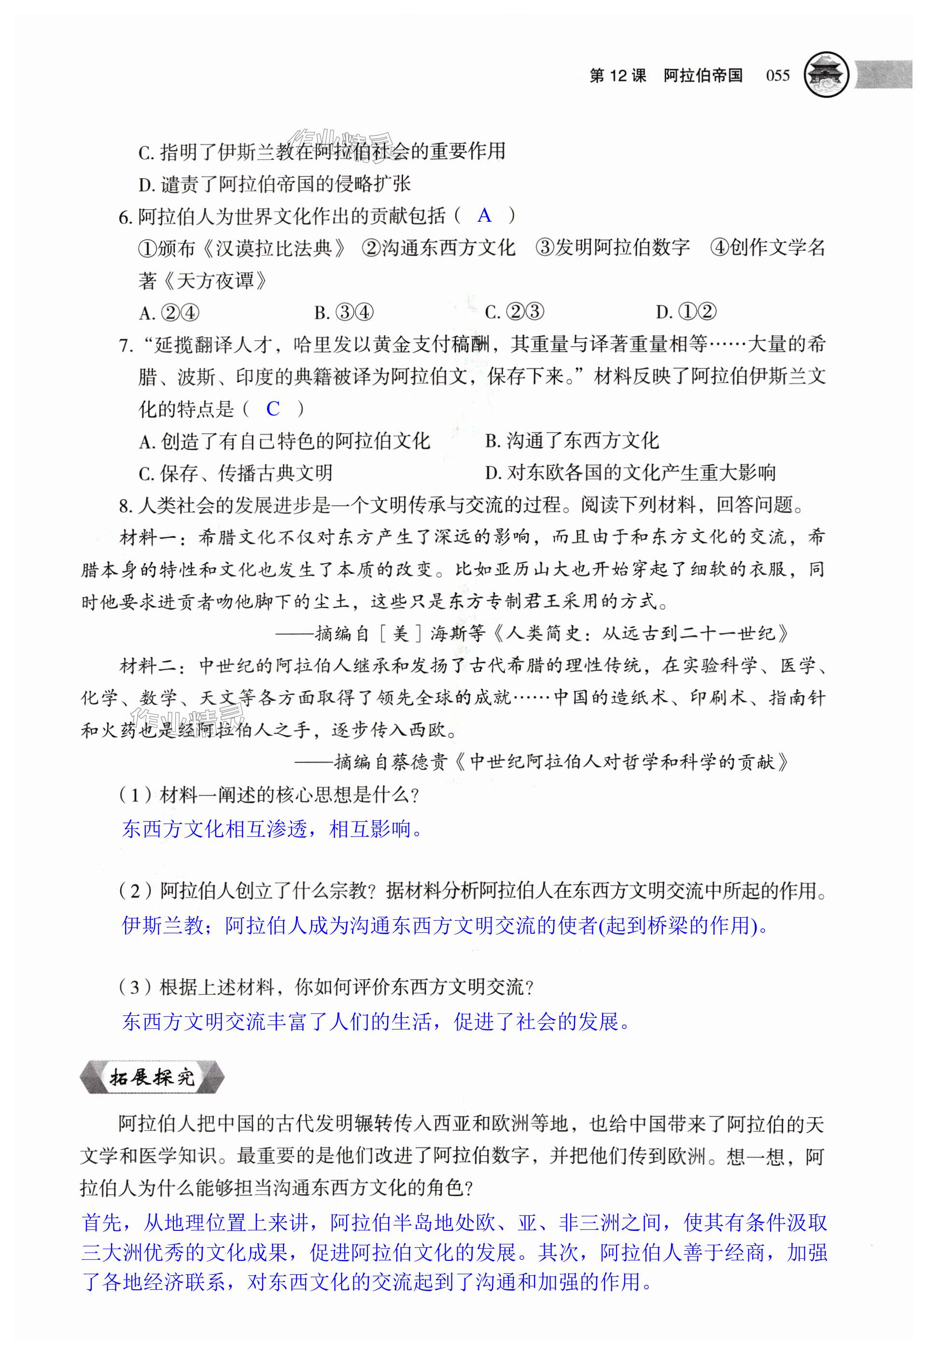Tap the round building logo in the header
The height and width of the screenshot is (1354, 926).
coord(826,75)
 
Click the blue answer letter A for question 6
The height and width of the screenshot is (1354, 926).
coord(484,216)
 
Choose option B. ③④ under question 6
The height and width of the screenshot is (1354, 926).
coord(344,313)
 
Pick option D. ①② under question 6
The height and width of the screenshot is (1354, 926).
coord(686,313)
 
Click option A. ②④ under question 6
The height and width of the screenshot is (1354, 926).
coord(169,313)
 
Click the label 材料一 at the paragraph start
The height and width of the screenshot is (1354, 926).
coord(150,537)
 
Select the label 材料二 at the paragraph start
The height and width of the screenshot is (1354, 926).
coord(150,665)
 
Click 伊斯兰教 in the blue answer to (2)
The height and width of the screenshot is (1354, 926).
coord(162,925)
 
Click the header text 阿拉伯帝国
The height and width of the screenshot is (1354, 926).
coord(702,76)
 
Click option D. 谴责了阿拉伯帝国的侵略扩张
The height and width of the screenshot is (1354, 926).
coord(274,184)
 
